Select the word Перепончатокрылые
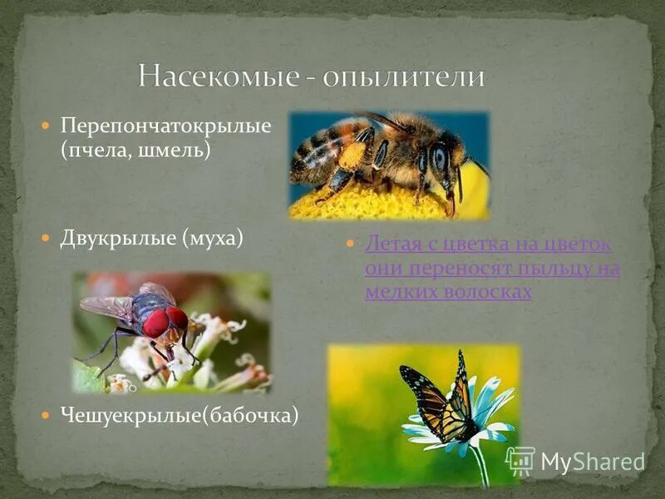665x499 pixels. [166, 127]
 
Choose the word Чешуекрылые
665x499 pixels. [125, 413]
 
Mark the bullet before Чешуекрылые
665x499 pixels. [47, 413]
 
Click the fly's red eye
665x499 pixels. [156, 323]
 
